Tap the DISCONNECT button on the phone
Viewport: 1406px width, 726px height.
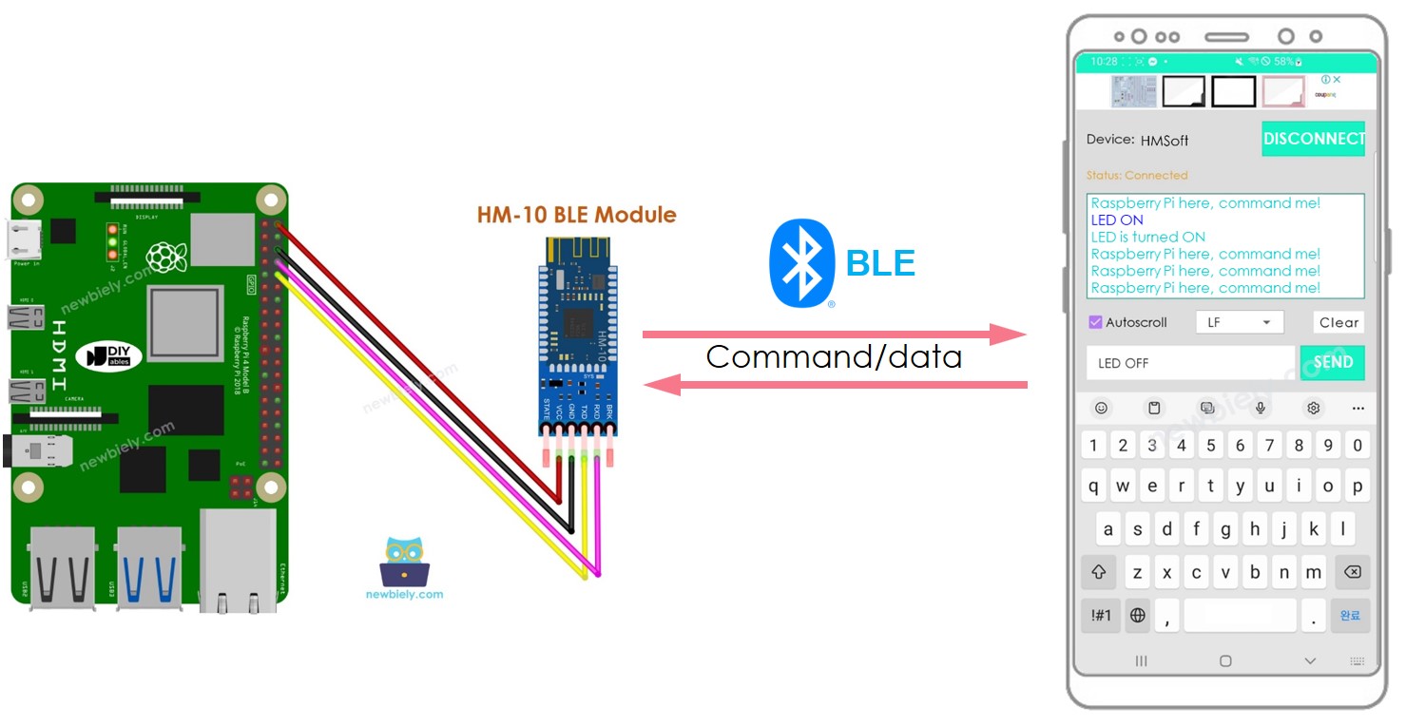click(1313, 139)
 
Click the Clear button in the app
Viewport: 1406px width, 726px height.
click(1339, 322)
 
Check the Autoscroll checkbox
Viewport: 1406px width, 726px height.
click(1095, 322)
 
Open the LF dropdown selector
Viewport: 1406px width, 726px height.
click(1239, 322)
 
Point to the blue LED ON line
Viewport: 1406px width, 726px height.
click(1117, 220)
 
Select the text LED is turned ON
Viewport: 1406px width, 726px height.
click(1147, 237)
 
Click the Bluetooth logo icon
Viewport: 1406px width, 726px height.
click(801, 263)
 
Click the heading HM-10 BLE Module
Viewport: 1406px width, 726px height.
click(576, 215)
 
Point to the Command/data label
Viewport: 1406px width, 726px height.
click(834, 357)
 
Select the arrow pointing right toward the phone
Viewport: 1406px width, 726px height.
click(834, 334)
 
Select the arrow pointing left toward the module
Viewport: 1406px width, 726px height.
click(834, 384)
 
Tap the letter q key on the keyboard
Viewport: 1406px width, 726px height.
click(1094, 486)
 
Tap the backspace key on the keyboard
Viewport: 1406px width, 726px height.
click(1350, 572)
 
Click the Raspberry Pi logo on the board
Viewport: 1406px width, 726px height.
click(165, 257)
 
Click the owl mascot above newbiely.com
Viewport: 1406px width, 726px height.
click(404, 561)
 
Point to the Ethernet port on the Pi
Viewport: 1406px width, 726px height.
click(238, 561)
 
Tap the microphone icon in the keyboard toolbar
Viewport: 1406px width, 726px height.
click(1261, 408)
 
